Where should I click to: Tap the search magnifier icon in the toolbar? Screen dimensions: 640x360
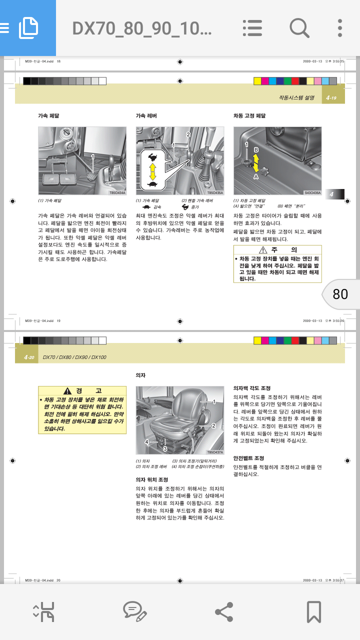[299, 28]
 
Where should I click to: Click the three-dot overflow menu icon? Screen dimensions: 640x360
[339, 28]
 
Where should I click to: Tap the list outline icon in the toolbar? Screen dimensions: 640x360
[252, 28]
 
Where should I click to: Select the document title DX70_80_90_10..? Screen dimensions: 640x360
[142, 28]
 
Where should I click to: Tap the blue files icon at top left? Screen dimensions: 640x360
[28, 28]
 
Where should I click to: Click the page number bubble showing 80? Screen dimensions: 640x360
[340, 294]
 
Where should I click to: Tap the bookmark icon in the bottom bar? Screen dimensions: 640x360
[313, 611]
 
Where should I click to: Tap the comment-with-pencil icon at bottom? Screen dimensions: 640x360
[134, 611]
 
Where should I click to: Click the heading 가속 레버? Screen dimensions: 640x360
[146, 115]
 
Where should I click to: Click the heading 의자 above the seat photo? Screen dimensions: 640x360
[140, 374]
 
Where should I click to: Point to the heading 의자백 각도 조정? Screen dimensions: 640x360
[252, 388]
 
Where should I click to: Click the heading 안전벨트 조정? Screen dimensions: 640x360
[248, 458]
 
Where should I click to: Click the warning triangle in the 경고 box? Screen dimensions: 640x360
[67, 391]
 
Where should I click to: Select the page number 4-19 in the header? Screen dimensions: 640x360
[331, 98]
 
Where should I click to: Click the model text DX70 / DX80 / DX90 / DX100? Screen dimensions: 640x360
[74, 357]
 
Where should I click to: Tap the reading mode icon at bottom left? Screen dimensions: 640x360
[44, 611]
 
